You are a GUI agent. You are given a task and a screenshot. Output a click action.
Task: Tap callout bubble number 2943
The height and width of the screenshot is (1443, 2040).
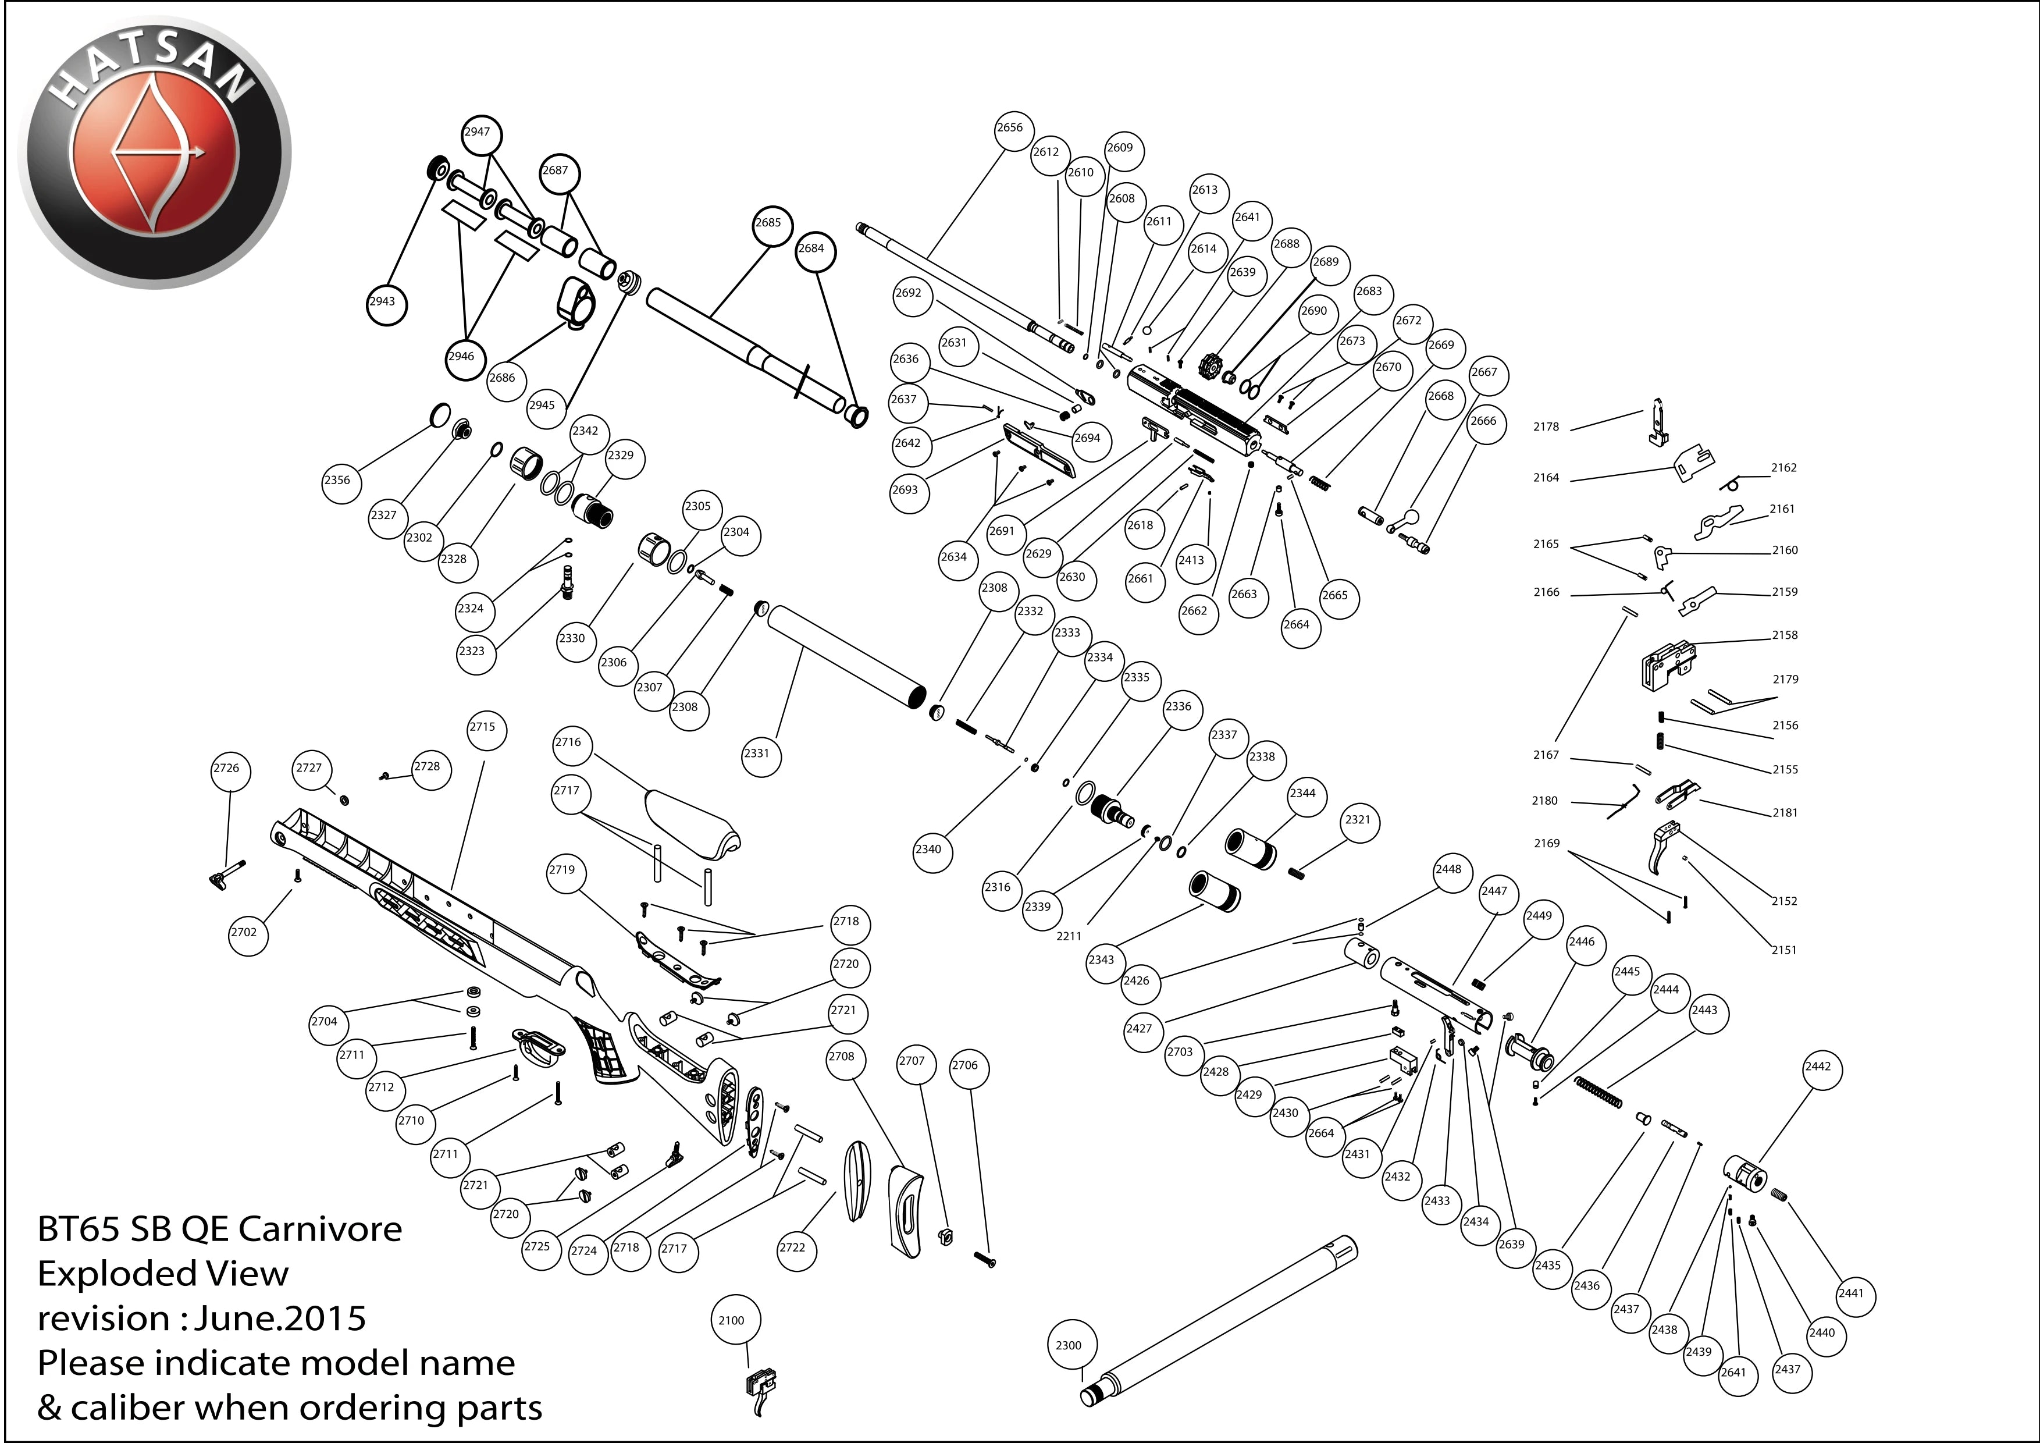tap(382, 301)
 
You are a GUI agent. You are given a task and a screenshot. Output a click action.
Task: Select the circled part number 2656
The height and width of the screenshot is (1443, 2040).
tap(1009, 128)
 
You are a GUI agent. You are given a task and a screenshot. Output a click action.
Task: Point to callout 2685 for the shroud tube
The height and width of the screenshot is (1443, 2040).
tap(768, 223)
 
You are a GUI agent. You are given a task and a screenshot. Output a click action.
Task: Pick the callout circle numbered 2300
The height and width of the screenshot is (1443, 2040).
tap(1069, 1345)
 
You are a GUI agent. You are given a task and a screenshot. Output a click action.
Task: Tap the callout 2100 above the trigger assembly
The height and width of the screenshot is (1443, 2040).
tap(731, 1320)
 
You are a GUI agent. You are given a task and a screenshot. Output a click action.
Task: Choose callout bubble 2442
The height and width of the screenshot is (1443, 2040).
tap(1818, 1067)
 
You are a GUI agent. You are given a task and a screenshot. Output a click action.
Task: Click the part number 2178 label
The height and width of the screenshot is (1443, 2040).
tap(1546, 426)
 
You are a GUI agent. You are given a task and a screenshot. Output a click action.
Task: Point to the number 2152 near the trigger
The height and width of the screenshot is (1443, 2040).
tap(1784, 901)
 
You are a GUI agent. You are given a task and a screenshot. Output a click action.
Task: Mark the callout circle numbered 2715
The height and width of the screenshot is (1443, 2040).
tap(482, 727)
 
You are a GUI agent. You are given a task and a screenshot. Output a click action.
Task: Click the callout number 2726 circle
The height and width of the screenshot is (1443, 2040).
tap(226, 769)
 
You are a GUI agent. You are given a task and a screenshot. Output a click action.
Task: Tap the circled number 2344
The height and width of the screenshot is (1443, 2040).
tap(1302, 794)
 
